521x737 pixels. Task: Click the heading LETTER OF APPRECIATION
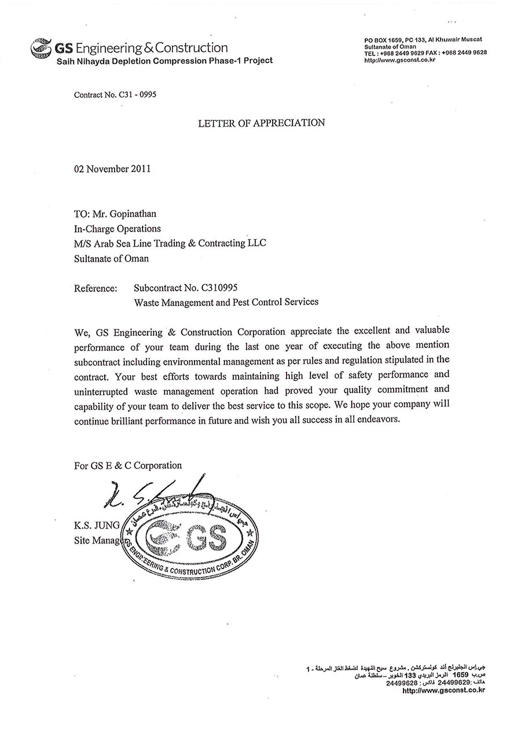pos(261,123)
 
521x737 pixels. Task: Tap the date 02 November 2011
pos(112,169)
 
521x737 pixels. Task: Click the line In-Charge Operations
pos(118,229)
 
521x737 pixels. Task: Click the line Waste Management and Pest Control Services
pos(226,302)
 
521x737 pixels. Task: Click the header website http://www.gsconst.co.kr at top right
pos(399,60)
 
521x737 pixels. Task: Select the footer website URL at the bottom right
pos(443,690)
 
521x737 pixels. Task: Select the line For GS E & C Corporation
pos(128,465)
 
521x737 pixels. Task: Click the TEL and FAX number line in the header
pos(425,53)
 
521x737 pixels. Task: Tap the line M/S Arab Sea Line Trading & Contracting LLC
pos(170,243)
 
